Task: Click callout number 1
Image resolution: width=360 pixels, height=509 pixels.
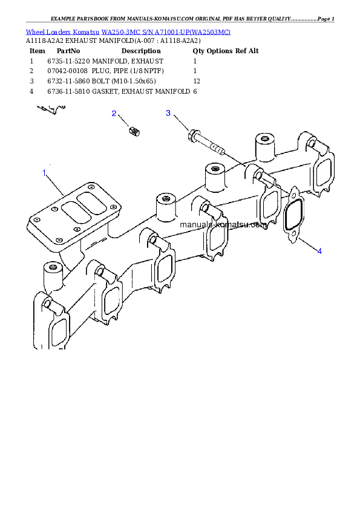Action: tap(44, 173)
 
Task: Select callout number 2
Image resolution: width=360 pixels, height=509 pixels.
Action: tap(113, 113)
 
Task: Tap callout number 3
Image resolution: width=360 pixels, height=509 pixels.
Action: tap(168, 113)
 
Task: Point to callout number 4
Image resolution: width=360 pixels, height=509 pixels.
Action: tap(319, 250)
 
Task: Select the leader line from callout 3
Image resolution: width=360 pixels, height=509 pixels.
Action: tap(180, 123)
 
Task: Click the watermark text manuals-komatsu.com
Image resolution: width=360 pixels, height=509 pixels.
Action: tap(223, 224)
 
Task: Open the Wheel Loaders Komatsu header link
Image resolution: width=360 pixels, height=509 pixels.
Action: tap(128, 31)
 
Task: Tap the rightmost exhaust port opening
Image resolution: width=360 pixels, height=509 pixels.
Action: tap(323, 173)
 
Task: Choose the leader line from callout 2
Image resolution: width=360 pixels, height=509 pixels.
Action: tap(123, 120)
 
